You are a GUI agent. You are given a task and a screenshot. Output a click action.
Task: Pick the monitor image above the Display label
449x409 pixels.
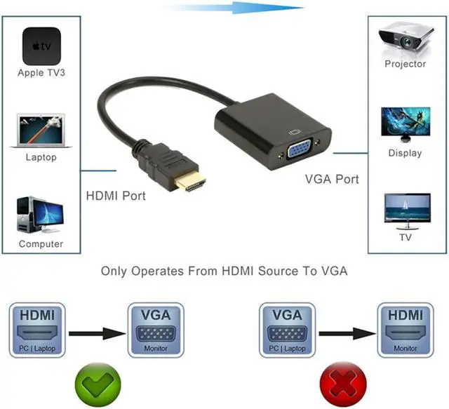(405, 125)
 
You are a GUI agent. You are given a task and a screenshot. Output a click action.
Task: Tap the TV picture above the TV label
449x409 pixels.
(405, 210)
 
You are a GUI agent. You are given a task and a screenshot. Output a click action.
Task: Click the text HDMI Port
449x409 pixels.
(116, 196)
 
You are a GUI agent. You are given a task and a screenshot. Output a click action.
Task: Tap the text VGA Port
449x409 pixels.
(332, 179)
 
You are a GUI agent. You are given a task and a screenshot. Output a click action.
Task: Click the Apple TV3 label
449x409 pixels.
(41, 73)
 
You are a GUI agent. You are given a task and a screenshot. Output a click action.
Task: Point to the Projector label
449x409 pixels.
(405, 64)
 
